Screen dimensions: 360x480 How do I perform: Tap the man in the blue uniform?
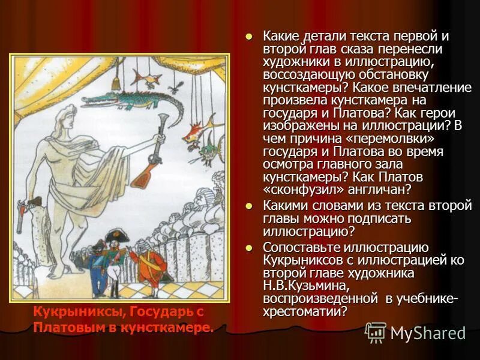click(x=96, y=267)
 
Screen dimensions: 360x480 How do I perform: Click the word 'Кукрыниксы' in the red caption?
click(x=70, y=313)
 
